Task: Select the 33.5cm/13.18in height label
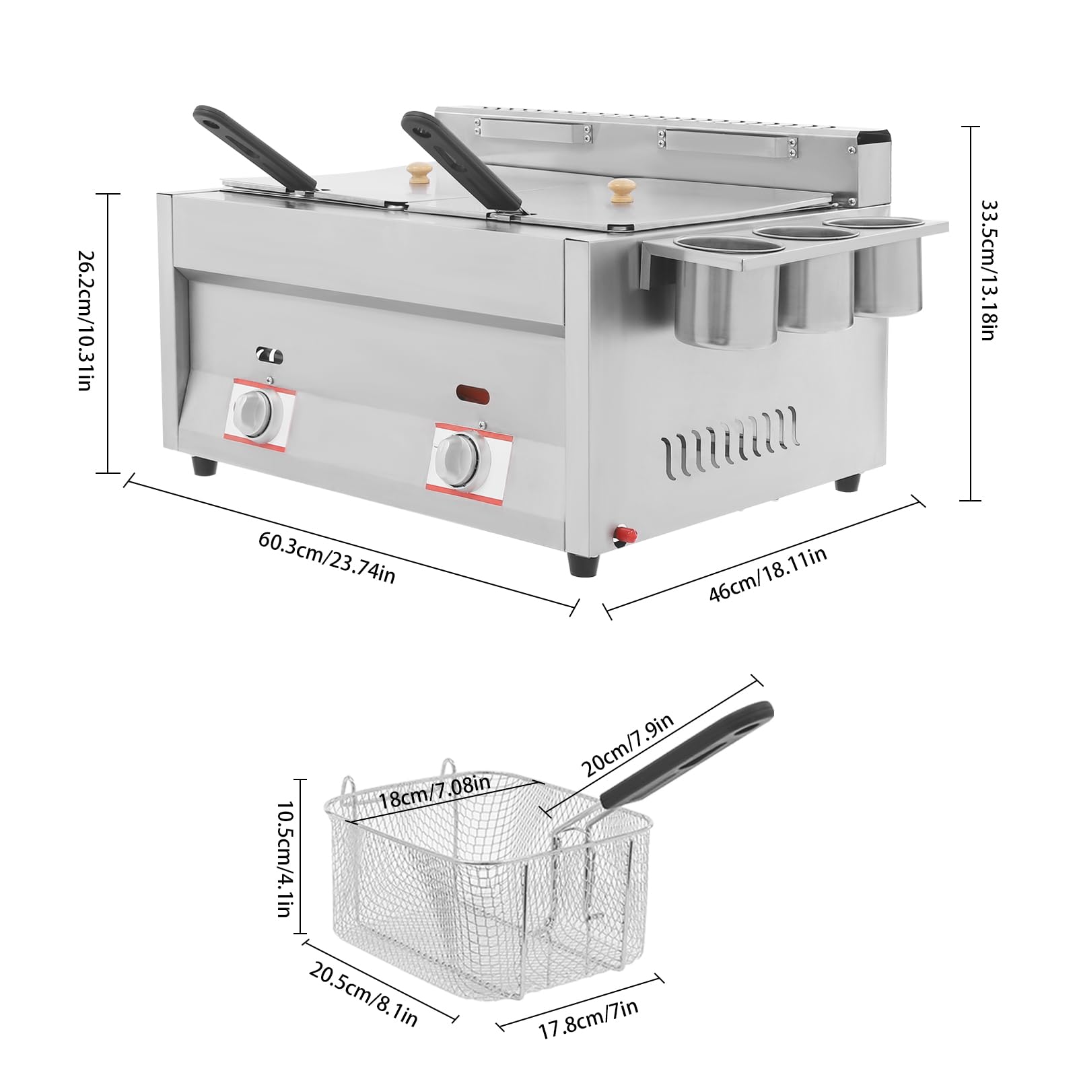click(987, 269)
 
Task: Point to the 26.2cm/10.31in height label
click(85, 321)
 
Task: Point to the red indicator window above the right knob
click(473, 392)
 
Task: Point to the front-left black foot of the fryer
click(205, 466)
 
